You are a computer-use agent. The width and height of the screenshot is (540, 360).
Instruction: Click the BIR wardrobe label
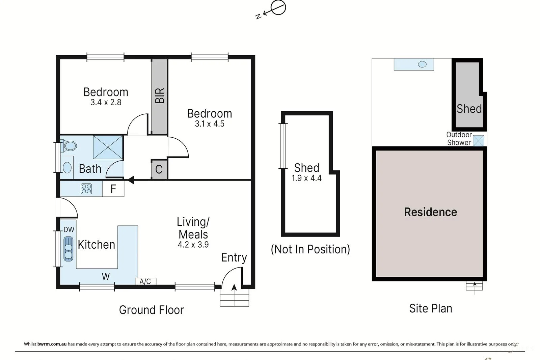[159, 95]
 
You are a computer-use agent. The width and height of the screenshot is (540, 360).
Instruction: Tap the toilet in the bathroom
[70, 146]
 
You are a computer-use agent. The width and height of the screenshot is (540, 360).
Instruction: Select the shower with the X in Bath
[108, 147]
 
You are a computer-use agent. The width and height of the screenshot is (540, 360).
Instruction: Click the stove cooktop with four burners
[86, 189]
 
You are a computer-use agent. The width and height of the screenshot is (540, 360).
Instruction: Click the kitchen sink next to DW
[69, 249]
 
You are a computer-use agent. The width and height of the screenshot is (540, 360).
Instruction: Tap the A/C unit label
[145, 281]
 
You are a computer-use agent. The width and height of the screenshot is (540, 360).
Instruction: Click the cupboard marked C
[159, 169]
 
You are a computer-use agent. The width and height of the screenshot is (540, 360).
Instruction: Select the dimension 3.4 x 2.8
[106, 102]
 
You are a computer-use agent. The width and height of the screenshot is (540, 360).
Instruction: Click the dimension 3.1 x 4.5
[209, 124]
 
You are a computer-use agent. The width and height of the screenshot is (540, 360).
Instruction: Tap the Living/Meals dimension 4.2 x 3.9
[193, 245]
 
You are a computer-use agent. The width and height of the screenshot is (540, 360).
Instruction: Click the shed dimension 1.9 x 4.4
[306, 178]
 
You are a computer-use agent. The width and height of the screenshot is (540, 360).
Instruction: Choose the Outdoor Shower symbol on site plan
[478, 141]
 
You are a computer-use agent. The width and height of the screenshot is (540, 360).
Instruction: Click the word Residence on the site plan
[430, 212]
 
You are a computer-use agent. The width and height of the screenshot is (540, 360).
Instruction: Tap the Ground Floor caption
[151, 310]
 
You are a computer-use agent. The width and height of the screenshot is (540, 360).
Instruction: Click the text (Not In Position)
[310, 249]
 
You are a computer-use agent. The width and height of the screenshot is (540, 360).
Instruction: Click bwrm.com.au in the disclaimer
[52, 344]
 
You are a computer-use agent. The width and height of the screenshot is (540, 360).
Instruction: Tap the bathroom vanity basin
[67, 167]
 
